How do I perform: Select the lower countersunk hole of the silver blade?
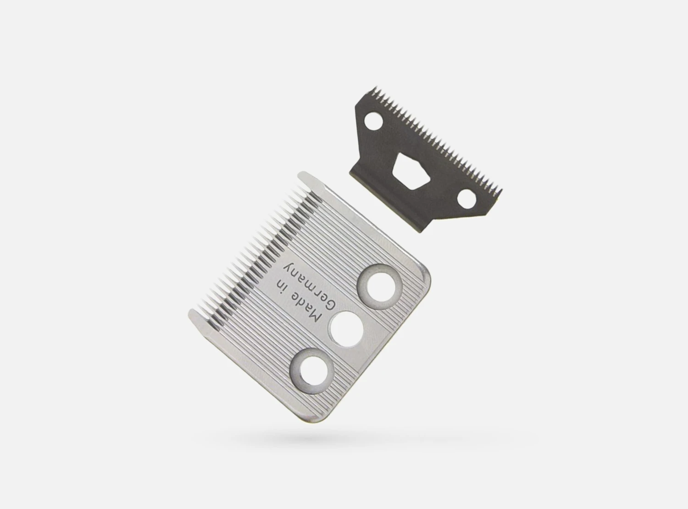[311, 371]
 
